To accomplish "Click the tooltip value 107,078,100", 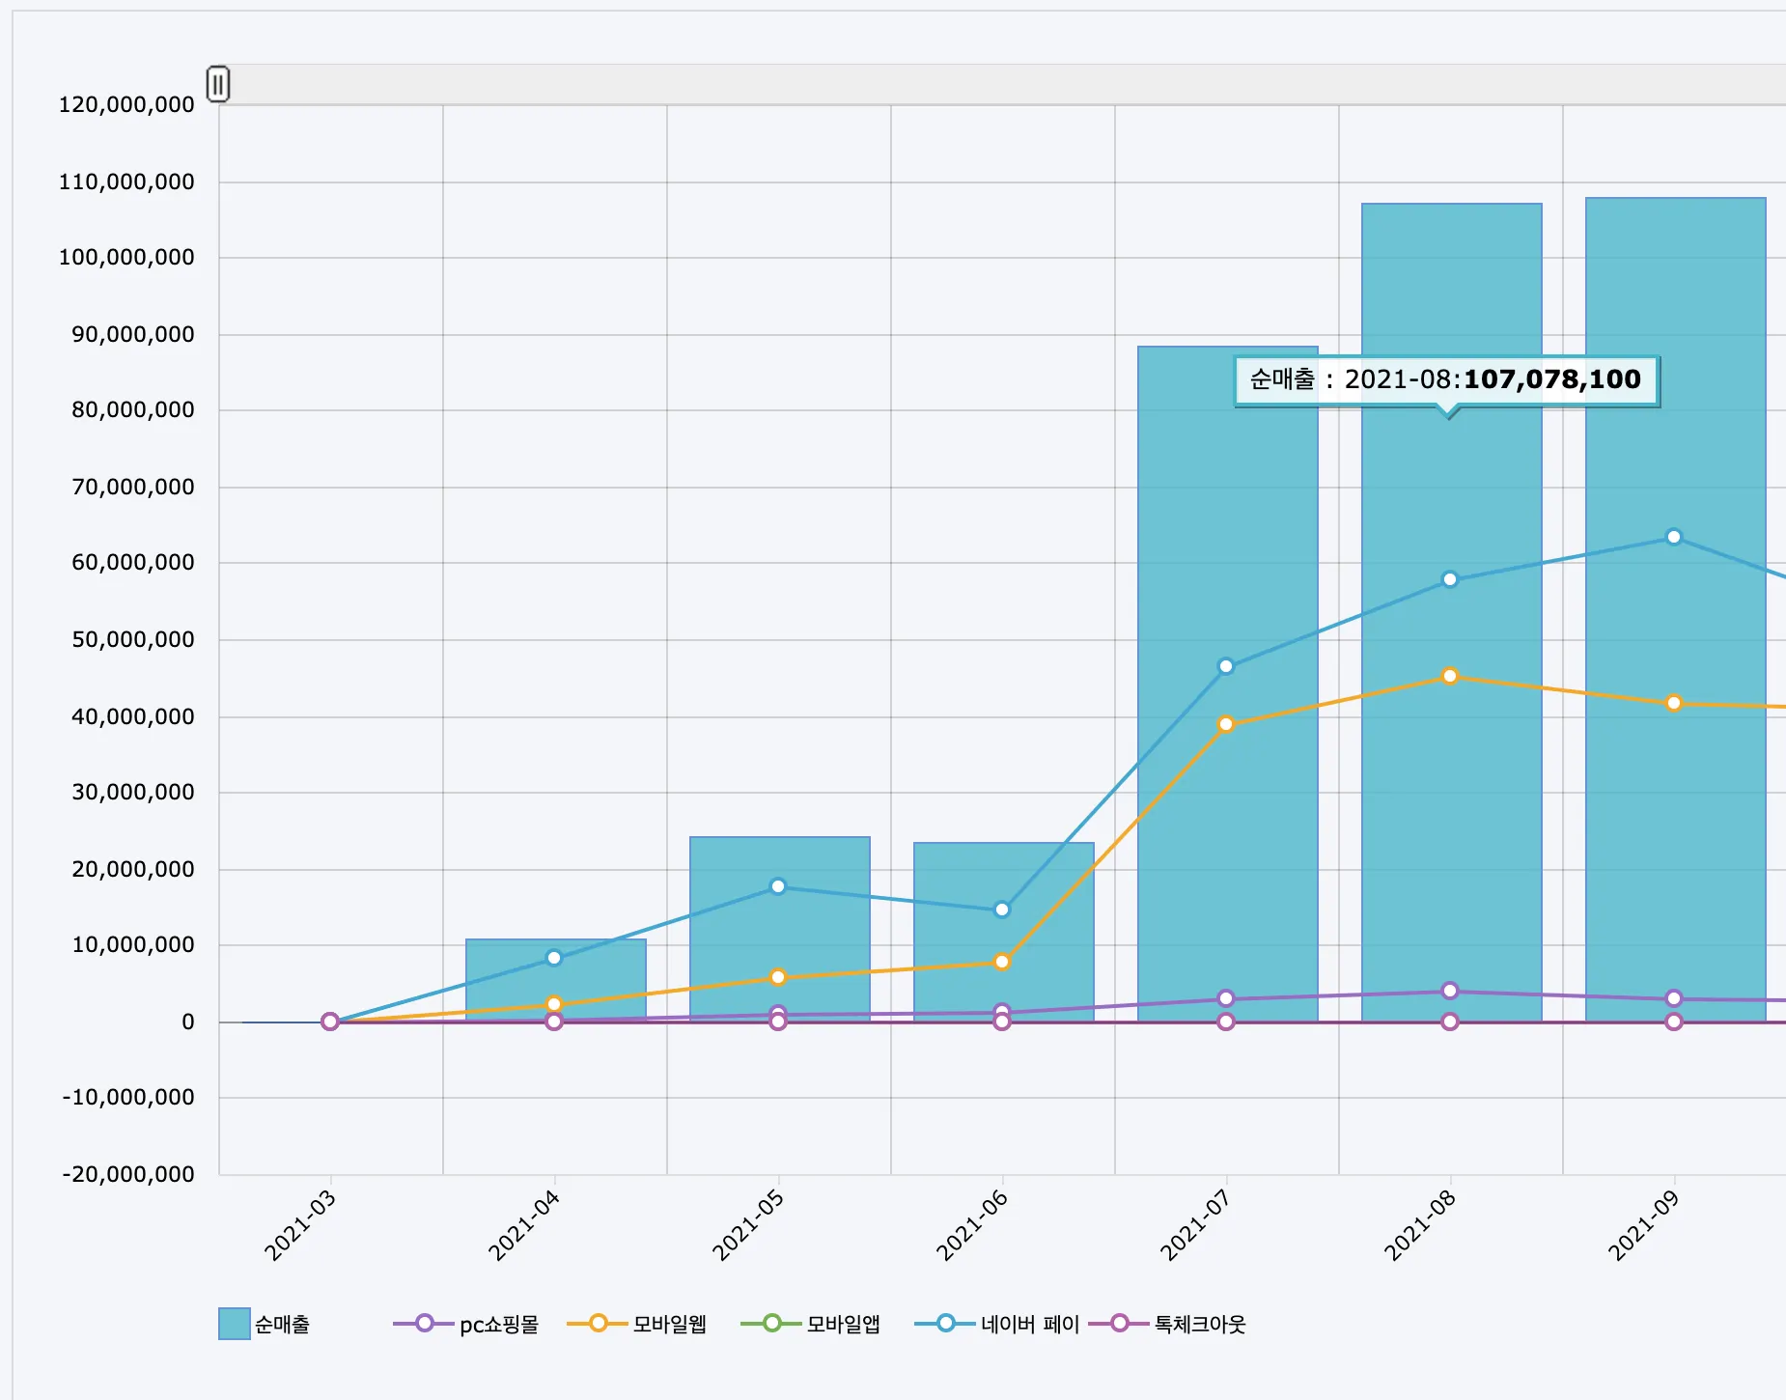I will (1551, 379).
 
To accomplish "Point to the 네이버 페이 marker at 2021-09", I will (1674, 537).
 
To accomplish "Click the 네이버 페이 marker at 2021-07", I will (1226, 666).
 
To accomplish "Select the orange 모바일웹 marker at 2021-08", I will (1450, 676).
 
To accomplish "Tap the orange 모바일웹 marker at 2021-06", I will (1002, 962).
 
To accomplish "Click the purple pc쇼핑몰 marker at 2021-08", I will (1450, 991).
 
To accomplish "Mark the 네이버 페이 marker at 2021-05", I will (778, 886).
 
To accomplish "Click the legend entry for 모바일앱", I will (811, 1324).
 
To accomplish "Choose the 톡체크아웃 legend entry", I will (1168, 1324).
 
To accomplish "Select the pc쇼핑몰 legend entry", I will (466, 1324).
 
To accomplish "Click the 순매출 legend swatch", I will (235, 1324).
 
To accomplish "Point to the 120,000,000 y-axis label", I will (126, 104).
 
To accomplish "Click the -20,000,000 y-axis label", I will (128, 1174).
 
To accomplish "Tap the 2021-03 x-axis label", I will (300, 1225).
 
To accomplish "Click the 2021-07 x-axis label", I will (1196, 1225).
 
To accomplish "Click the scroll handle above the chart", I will (218, 84).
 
